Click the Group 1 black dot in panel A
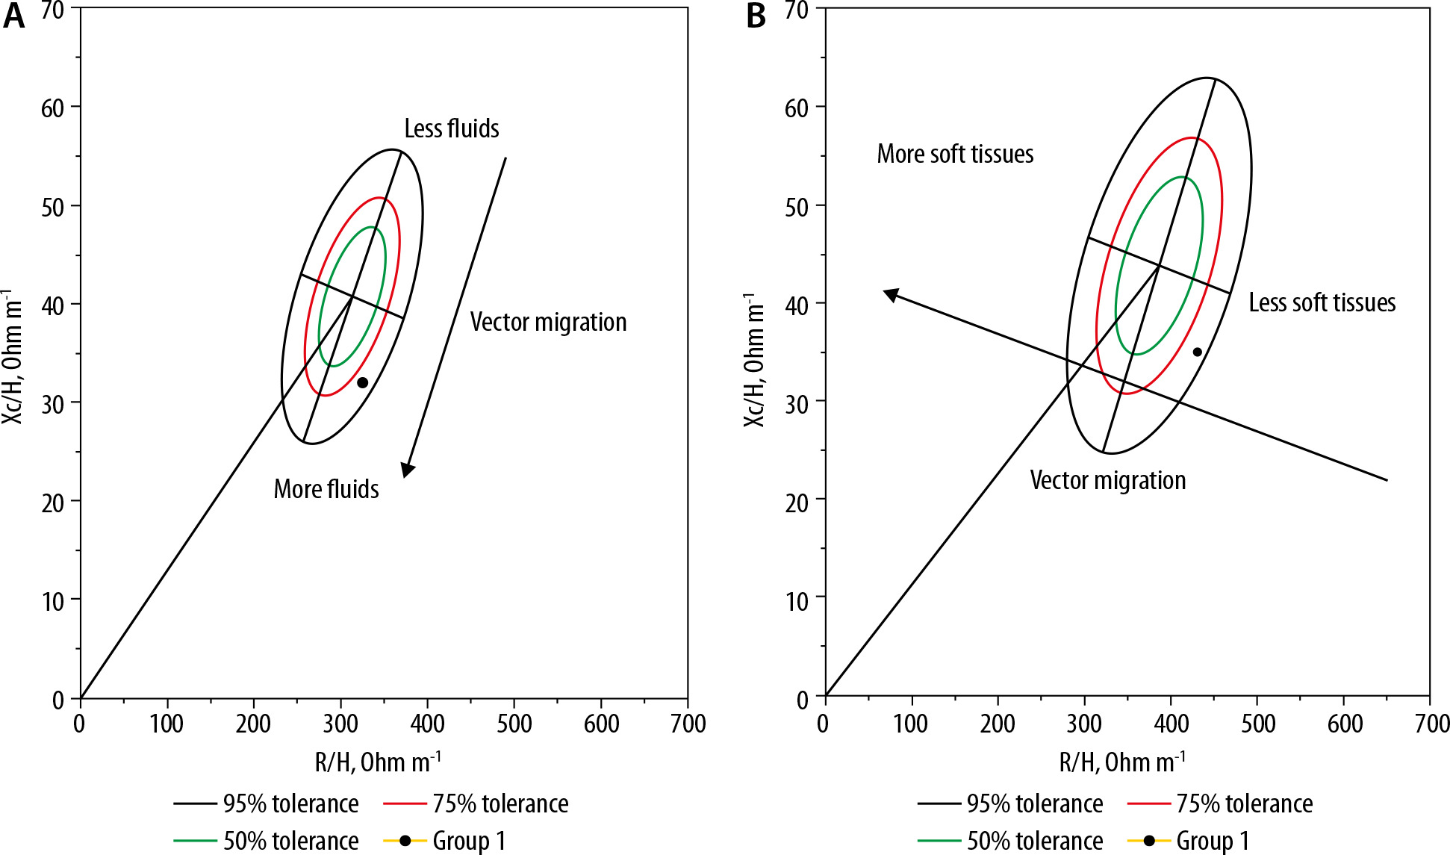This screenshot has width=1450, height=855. pyautogui.click(x=362, y=382)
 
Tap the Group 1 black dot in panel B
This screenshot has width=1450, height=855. pyautogui.click(x=1197, y=352)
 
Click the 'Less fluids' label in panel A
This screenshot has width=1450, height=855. pyautogui.click(x=451, y=128)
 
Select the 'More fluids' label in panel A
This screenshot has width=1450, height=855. pyautogui.click(x=326, y=489)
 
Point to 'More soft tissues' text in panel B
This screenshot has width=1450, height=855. pyautogui.click(x=955, y=154)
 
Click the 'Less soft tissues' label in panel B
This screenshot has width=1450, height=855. pyautogui.click(x=1322, y=302)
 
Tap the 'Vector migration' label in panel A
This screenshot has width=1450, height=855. pyautogui.click(x=548, y=322)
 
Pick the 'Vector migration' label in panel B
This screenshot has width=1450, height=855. pyautogui.click(x=1107, y=480)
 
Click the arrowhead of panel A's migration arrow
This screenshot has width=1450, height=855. pyautogui.click(x=407, y=470)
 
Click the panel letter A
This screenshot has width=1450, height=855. pyautogui.click(x=13, y=16)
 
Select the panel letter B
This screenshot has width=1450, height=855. pyautogui.click(x=756, y=16)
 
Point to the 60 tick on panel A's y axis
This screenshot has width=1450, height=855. pyautogui.click(x=53, y=108)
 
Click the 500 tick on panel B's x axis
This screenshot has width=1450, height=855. pyautogui.click(x=1257, y=723)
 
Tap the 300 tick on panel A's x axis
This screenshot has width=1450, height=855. pyautogui.click(x=340, y=723)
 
